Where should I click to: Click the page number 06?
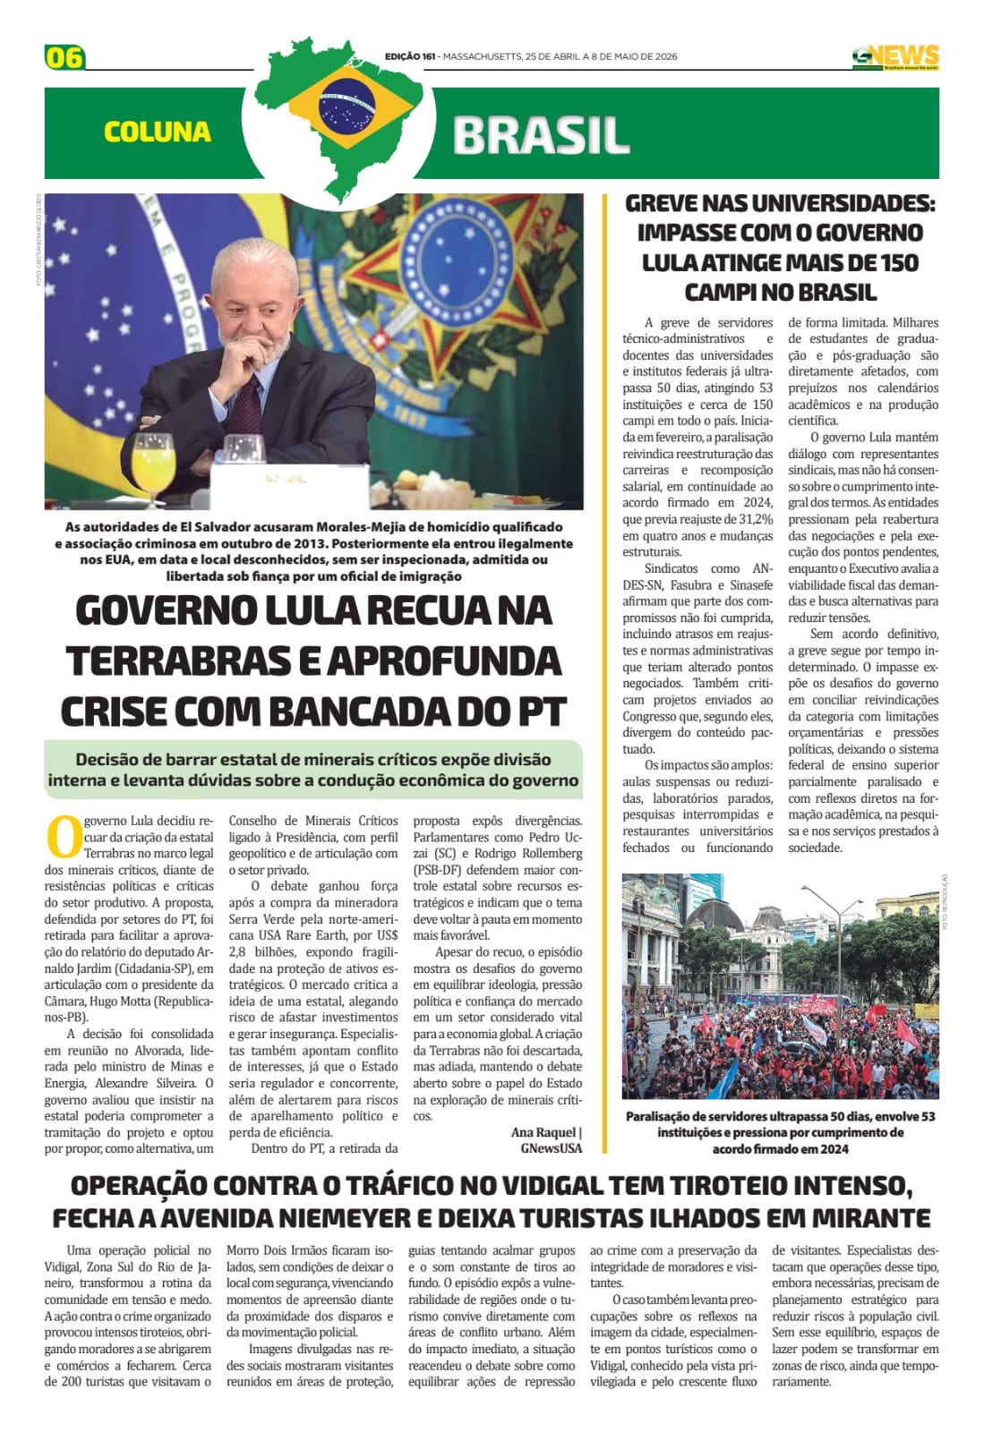64,57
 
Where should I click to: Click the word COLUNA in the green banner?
158,132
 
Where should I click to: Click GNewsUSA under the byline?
552,1148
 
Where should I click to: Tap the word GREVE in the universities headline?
663,204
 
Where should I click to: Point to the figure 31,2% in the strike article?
752,519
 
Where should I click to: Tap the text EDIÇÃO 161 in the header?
410,56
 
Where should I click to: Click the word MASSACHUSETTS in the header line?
483,56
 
